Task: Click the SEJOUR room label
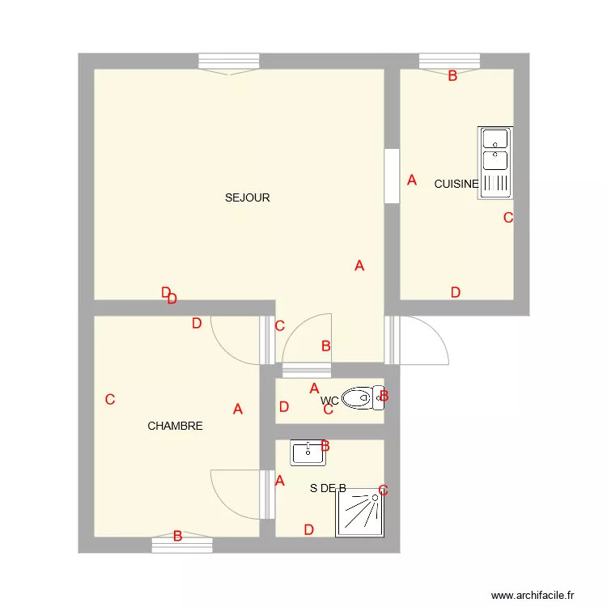248,197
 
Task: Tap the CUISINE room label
456,184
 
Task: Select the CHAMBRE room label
175,426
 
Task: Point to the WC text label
329,401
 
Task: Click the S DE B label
328,488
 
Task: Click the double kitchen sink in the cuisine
495,162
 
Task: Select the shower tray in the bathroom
360,512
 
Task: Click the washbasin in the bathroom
308,453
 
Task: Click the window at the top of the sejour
229,62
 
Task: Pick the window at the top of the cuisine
450,62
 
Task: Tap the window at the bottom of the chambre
182,545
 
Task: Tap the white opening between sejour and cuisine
392,176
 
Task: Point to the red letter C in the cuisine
508,217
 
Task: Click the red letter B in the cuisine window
452,76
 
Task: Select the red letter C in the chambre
110,399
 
